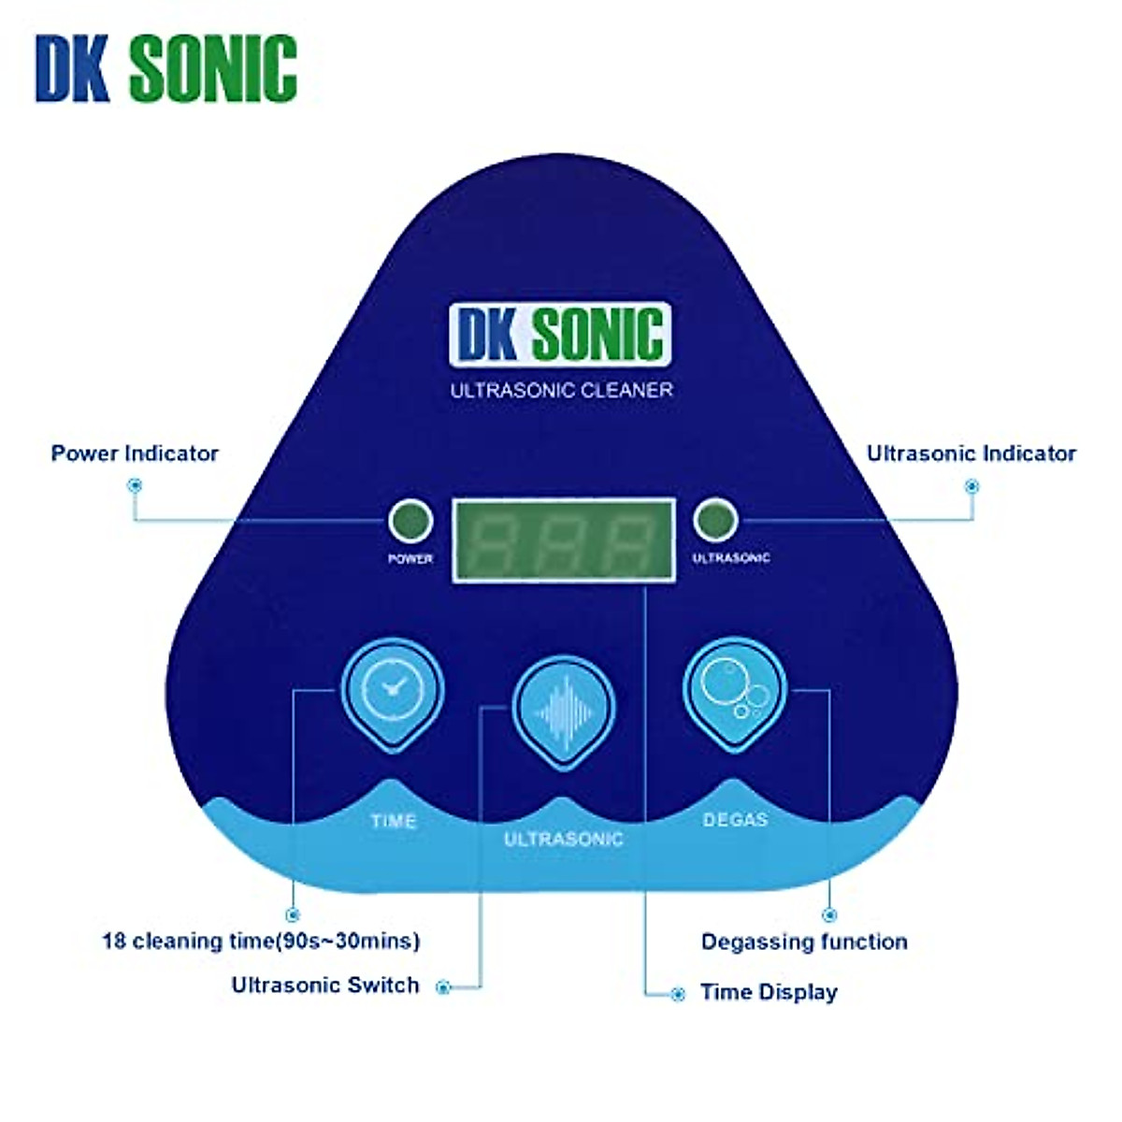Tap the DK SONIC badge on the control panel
coord(560,333)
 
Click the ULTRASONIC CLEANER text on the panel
coord(561,390)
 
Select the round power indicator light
coord(410,522)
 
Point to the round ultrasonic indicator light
coord(715,520)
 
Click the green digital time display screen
coord(563,541)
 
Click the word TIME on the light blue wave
coord(393,822)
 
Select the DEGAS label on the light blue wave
coord(735,820)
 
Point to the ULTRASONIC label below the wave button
coord(563,839)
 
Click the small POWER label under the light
coord(410,559)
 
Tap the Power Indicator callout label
coord(135,453)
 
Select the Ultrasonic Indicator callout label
coord(971,453)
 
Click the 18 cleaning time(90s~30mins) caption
coord(261,941)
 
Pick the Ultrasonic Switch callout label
coord(325,985)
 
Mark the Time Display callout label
coord(769,993)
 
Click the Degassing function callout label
coord(804,942)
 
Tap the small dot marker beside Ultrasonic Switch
coord(444,987)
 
